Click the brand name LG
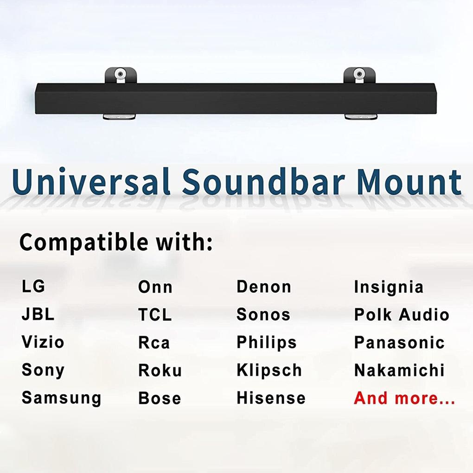coord(33,287)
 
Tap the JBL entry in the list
coord(38,314)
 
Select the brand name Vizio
coord(43,342)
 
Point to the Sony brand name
coord(43,371)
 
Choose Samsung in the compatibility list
coord(61,398)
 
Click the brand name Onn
coord(155,287)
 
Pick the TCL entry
coord(155,315)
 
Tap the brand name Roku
coord(160,371)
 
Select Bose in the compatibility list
coord(160,398)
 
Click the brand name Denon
coord(264,287)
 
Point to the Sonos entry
coord(263,314)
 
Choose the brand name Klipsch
coord(269,371)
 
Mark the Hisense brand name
coord(271,398)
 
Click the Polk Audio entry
coord(402,314)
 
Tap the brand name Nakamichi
coord(399,371)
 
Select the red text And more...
coord(404,398)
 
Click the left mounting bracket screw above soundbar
coord(120,74)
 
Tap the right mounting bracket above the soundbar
coord(359,75)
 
